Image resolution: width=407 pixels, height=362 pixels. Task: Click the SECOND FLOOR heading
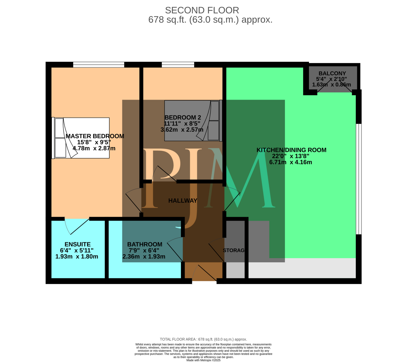[202, 10]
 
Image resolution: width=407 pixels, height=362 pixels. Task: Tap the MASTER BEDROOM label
[95, 136]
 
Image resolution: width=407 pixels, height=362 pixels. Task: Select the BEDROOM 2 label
[183, 118]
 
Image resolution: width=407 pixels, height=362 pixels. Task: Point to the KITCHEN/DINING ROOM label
[291, 150]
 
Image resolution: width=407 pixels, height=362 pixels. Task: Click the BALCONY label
[332, 73]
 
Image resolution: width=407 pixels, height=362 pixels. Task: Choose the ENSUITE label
[77, 244]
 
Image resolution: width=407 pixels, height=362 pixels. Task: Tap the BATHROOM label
[144, 244]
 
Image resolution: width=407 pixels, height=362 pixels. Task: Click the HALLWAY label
[183, 201]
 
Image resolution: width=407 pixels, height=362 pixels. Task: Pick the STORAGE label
[234, 250]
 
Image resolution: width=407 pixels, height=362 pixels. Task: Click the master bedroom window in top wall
[99, 65]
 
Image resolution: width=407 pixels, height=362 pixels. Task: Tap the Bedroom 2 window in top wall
[178, 65]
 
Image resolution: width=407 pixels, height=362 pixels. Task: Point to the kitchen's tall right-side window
[358, 179]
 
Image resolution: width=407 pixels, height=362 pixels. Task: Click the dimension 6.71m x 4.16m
[290, 162]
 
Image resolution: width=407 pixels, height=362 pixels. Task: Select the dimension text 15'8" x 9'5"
[94, 142]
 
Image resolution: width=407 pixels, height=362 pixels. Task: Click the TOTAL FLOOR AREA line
[203, 339]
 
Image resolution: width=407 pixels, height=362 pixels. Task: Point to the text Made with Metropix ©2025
[203, 360]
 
